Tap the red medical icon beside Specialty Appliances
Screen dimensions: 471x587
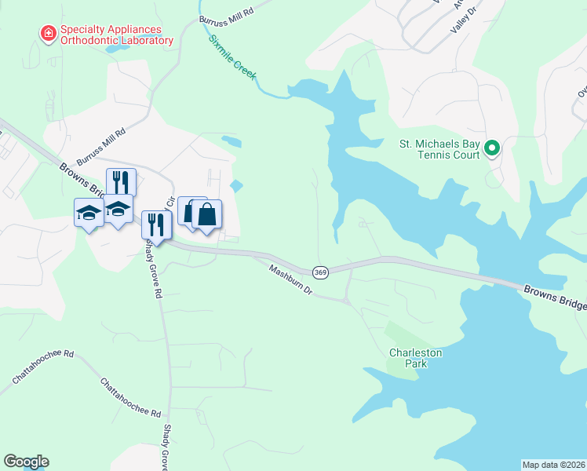tap(48, 32)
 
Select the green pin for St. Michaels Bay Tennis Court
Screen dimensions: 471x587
tap(492, 148)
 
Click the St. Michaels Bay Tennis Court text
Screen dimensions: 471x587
tap(439, 149)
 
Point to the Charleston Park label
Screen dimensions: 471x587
tap(416, 358)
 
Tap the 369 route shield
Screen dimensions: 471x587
tap(320, 272)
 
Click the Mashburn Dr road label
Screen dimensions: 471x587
tap(290, 280)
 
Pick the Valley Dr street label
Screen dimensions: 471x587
tap(464, 18)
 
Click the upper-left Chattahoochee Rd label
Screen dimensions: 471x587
tap(42, 367)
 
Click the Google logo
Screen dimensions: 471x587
tap(26, 462)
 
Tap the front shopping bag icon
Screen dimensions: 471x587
tap(207, 214)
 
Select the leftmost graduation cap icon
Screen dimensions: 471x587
tap(89, 211)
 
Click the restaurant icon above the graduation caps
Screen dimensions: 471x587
tap(121, 181)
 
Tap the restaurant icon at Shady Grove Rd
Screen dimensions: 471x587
tap(156, 225)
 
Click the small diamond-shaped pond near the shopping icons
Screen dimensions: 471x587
tap(236, 186)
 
